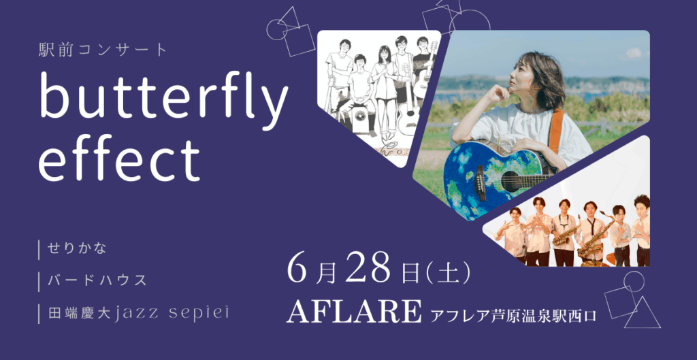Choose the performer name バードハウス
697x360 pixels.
tap(97, 280)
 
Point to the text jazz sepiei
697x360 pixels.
tap(172, 314)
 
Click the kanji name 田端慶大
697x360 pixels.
tap(80, 314)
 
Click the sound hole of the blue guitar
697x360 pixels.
tap(510, 181)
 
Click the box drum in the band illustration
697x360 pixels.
tap(359, 119)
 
